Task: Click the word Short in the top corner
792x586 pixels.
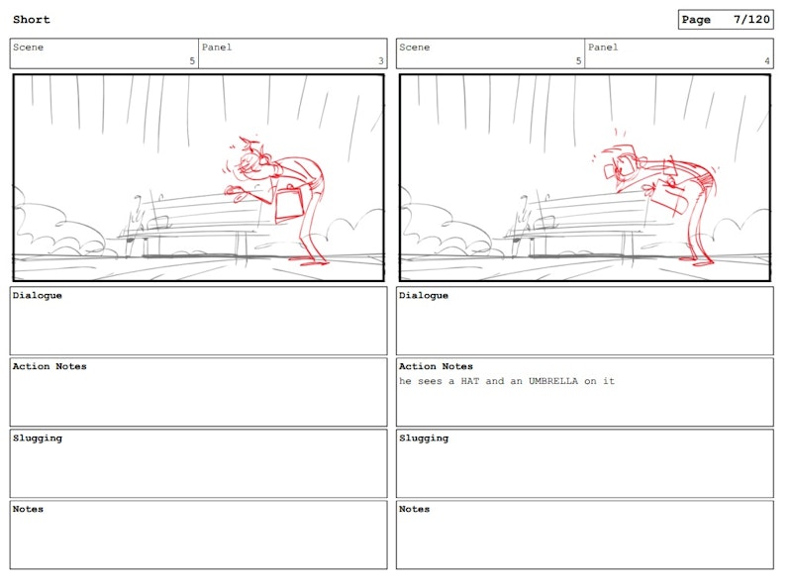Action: (x=32, y=20)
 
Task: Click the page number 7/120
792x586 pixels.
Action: (x=751, y=20)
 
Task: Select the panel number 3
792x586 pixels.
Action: (x=381, y=60)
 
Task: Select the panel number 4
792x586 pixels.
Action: (x=767, y=60)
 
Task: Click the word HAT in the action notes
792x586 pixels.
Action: (x=469, y=381)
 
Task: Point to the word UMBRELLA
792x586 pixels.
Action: (x=553, y=381)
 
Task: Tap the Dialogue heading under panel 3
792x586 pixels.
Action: (x=38, y=296)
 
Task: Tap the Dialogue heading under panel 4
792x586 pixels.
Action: (x=424, y=296)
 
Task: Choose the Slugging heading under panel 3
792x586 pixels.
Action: (x=38, y=438)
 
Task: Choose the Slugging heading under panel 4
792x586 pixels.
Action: (x=424, y=438)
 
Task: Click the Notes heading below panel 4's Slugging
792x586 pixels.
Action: (x=414, y=509)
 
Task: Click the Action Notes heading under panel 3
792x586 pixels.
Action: (x=49, y=366)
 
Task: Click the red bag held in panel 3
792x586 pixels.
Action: (x=289, y=204)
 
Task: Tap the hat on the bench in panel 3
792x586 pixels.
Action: (x=159, y=223)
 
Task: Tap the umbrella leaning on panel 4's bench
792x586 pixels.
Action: (x=522, y=218)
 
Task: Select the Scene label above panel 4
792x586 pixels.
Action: (x=415, y=48)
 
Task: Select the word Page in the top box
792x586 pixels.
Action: (x=696, y=20)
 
